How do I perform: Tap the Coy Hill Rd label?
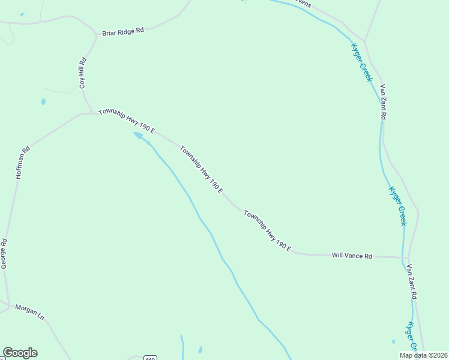point(83,73)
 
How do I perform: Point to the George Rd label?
point(4,253)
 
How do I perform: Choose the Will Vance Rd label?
point(352,256)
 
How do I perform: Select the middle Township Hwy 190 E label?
point(202,171)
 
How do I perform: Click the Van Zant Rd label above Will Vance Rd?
point(382,101)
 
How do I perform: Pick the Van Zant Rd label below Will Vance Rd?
point(412,281)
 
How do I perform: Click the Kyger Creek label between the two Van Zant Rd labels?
point(397,206)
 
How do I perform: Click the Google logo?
point(20,353)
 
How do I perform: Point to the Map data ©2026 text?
point(423,355)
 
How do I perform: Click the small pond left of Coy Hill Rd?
point(43,101)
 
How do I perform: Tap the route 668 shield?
point(151,358)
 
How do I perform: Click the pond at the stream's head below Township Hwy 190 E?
point(139,136)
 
